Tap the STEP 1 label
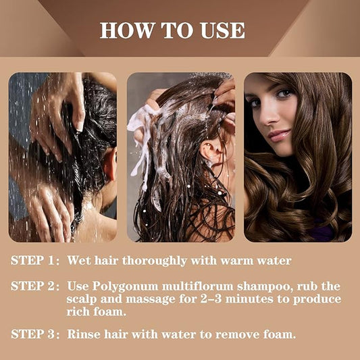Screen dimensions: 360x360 [35, 260]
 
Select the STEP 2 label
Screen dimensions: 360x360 [35, 286]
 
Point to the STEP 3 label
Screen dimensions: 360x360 [35, 334]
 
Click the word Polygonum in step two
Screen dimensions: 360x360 [125, 287]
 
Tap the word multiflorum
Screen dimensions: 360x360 [198, 286]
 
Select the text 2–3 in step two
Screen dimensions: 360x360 [211, 299]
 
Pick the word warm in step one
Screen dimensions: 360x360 [236, 261]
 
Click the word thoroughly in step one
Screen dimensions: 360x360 [155, 261]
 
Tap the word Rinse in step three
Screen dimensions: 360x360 [84, 334]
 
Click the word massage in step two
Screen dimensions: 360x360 [151, 300]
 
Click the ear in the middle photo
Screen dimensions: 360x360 [209, 152]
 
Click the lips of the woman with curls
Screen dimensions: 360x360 [280, 135]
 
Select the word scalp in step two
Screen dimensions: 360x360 [82, 300]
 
